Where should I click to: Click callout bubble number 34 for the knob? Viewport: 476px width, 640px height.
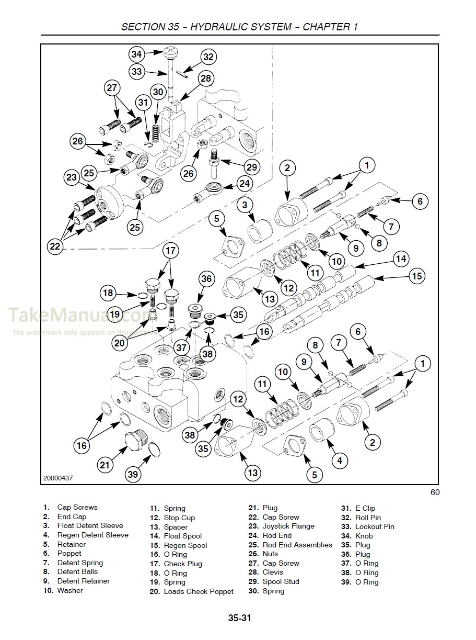point(136,54)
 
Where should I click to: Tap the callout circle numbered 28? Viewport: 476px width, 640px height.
point(206,78)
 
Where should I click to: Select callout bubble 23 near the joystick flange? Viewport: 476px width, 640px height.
point(72,177)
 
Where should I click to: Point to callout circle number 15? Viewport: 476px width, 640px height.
point(416,276)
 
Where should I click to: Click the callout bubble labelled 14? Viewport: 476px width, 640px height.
point(401,259)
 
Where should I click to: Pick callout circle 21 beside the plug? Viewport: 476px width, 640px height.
point(106,464)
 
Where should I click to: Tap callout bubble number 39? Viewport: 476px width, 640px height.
point(133,474)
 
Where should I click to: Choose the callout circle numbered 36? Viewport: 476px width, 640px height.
point(206,279)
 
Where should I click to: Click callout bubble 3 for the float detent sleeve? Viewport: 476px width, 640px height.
point(245,205)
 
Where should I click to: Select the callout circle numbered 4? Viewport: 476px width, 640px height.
point(339,461)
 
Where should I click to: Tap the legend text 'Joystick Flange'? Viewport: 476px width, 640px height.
point(288,526)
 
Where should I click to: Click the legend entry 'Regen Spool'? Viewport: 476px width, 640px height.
point(185,545)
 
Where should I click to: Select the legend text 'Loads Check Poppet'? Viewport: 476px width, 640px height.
point(199,591)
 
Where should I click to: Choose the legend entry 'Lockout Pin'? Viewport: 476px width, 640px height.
point(375,526)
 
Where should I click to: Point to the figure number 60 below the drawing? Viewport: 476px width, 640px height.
point(435,492)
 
